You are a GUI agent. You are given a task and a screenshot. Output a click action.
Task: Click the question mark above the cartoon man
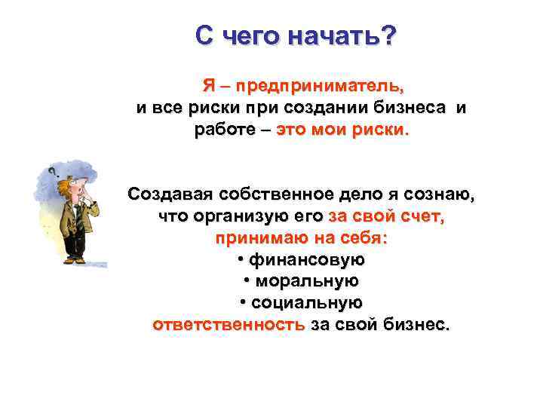coord(54,172)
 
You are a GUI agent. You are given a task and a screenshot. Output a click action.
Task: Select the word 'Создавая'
coord(170,194)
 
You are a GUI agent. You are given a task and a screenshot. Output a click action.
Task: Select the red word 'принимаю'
coord(259,238)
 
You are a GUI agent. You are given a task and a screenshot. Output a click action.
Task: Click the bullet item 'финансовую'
coord(306,260)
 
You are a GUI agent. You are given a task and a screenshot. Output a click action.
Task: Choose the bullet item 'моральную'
coord(306,281)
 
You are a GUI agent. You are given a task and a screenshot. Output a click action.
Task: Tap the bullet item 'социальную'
coord(306,303)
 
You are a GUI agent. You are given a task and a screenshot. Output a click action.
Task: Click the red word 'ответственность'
coord(229,325)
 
